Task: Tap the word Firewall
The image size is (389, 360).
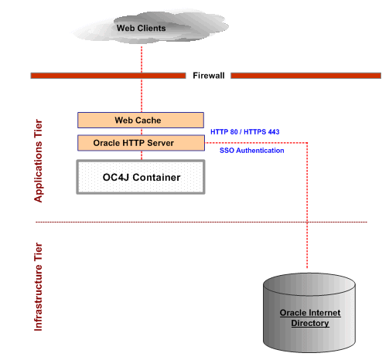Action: tap(208, 76)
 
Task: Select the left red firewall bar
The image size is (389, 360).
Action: tap(107, 76)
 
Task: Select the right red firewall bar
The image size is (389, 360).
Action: tap(305, 76)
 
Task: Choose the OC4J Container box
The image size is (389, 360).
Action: tap(141, 178)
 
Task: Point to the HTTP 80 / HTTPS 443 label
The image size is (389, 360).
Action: tap(244, 132)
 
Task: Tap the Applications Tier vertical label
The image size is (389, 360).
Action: tap(39, 161)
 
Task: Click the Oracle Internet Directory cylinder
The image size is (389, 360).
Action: tap(309, 309)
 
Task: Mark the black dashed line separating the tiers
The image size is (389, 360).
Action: tap(201, 222)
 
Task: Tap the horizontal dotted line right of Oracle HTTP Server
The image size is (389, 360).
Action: tap(255, 142)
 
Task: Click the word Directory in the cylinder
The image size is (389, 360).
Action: tap(309, 323)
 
